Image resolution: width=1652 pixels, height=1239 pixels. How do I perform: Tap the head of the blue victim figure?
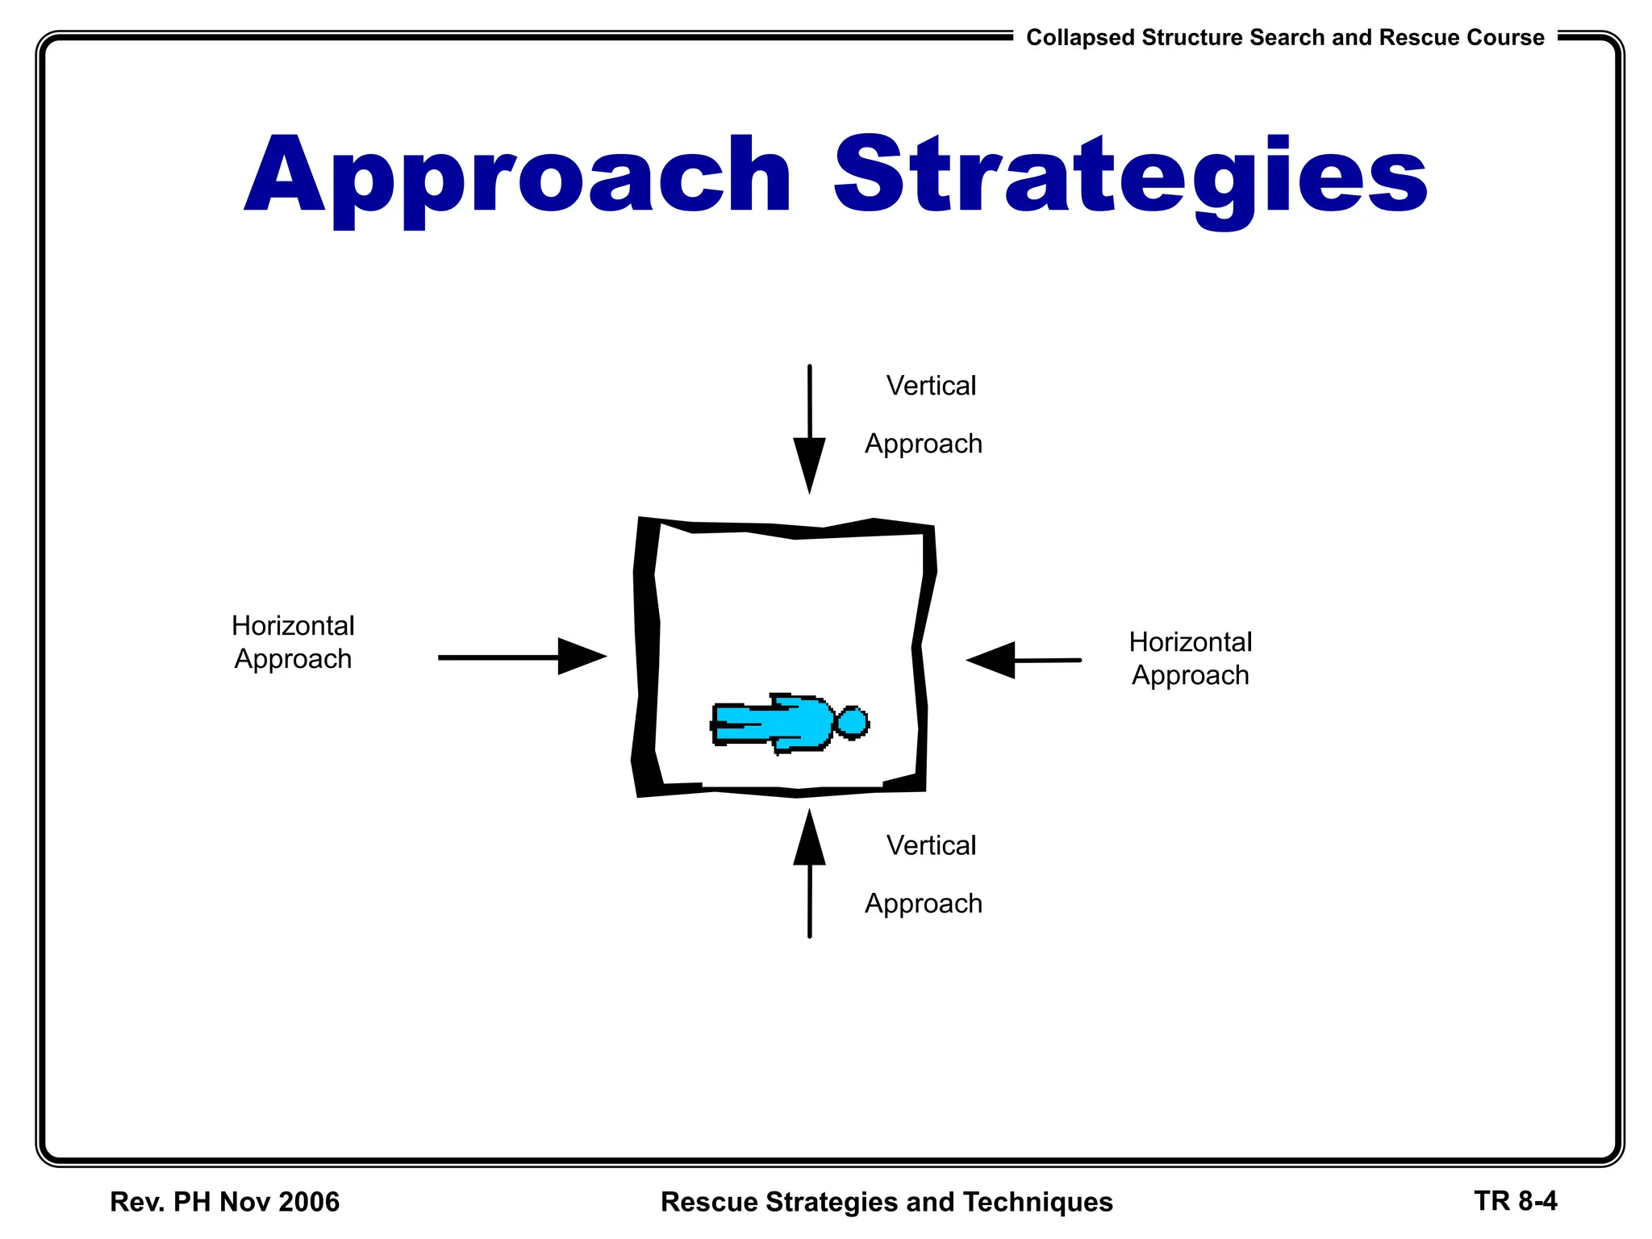852,722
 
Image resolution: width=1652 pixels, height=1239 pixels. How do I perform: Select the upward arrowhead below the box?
809,840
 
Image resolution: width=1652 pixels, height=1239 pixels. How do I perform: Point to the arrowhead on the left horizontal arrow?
580,657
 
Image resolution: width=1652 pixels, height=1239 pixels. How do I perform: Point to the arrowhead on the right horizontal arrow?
992,660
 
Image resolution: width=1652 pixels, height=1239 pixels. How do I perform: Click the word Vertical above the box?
931,386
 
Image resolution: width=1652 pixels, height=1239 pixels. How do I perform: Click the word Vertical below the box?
931,845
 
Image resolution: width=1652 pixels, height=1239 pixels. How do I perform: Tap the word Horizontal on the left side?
293,626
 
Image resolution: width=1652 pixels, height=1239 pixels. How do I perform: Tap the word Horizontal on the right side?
1190,642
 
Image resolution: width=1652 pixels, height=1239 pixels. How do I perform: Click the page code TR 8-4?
1515,1201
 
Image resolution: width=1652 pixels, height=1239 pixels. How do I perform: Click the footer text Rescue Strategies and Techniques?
886,1202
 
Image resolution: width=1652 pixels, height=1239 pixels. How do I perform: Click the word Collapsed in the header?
1080,38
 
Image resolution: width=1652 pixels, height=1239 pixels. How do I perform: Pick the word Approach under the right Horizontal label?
1190,676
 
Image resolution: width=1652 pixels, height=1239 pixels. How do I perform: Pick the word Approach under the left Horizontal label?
293,660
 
